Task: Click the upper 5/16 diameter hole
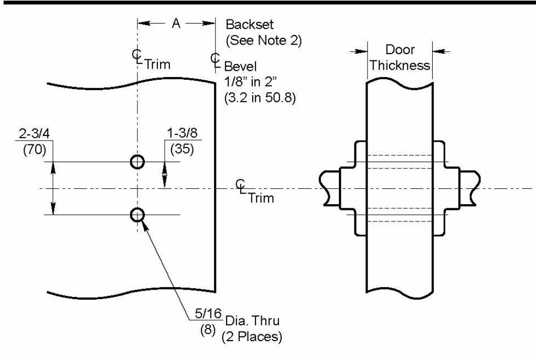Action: coord(137,162)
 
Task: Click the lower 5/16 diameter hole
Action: coord(137,214)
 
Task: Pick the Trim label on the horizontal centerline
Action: coord(261,199)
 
